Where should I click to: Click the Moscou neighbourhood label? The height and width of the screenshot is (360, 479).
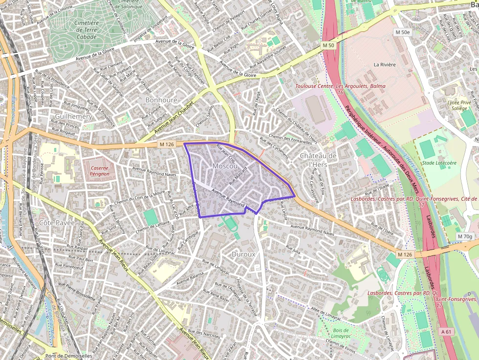[225, 166]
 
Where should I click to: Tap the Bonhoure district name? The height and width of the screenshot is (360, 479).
[161, 100]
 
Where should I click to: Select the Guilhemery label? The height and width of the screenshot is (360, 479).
[73, 117]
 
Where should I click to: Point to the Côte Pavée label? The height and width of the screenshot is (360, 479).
[57, 223]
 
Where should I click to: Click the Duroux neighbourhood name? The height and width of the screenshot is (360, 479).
[243, 254]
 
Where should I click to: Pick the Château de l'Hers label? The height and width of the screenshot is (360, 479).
[318, 160]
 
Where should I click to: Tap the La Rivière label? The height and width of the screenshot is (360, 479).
[384, 64]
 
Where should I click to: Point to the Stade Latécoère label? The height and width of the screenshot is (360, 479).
[439, 163]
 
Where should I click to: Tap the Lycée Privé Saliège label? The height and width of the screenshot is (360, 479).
[459, 106]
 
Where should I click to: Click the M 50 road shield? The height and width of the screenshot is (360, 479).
[329, 45]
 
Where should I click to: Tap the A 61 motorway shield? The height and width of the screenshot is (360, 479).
[445, 331]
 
